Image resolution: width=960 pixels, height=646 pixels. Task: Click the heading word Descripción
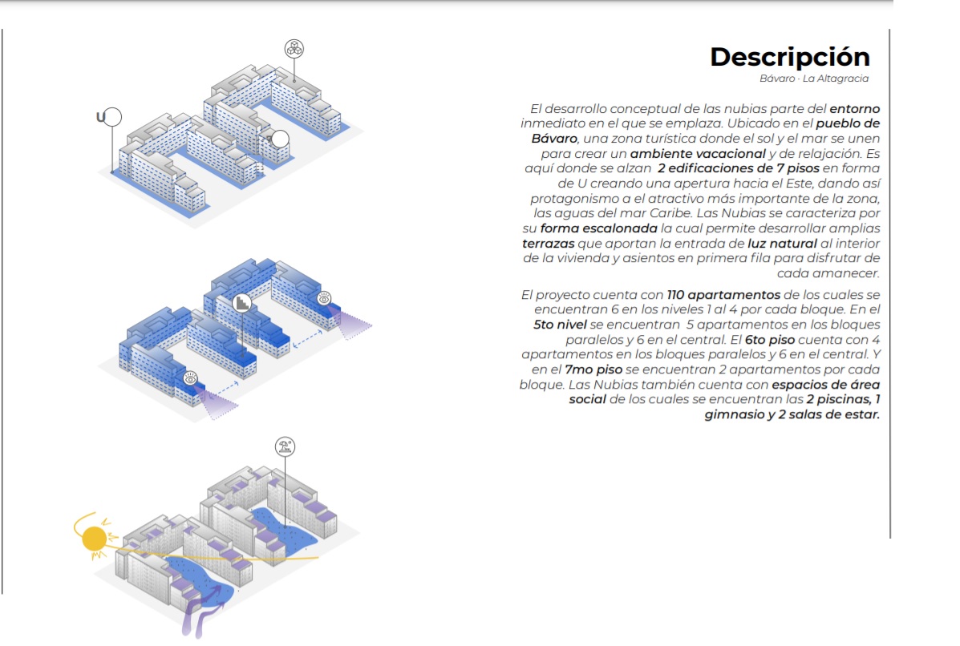click(790, 57)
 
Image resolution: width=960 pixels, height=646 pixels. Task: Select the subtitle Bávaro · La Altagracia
click(814, 79)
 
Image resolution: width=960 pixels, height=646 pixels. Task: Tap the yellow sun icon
click(94, 539)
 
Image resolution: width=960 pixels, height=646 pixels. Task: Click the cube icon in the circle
click(294, 48)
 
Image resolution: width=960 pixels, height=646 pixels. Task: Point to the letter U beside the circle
click(100, 117)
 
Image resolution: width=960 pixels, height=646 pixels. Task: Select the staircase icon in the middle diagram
click(242, 303)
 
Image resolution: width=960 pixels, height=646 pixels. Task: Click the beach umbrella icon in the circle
click(285, 446)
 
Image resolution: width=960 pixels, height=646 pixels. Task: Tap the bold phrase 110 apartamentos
click(723, 295)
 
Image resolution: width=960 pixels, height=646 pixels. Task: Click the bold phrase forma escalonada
click(598, 228)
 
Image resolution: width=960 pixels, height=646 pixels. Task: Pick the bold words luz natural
click(782, 244)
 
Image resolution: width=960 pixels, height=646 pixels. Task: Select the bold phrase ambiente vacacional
click(698, 154)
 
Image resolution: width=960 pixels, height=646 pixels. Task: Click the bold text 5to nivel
click(560, 325)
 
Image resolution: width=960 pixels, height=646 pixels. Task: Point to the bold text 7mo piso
click(593, 369)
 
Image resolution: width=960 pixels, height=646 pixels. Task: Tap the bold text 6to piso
click(770, 340)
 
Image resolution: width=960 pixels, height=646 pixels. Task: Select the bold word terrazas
click(548, 244)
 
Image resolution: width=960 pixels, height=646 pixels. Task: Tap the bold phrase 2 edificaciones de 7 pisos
click(738, 168)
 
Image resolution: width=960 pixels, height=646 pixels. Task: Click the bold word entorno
click(854, 109)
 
